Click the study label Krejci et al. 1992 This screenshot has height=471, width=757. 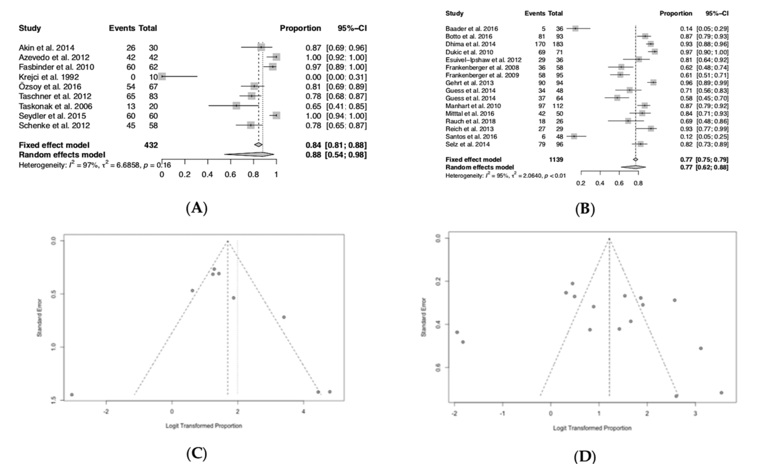click(49, 77)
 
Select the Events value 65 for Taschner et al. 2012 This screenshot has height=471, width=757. click(131, 96)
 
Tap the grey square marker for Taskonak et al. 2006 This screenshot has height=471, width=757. click(236, 106)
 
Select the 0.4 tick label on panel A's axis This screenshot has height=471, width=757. click(207, 174)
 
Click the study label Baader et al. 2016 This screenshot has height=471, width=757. click(471, 29)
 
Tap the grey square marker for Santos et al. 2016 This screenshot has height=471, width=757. click(574, 136)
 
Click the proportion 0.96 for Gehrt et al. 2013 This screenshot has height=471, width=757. click(686, 83)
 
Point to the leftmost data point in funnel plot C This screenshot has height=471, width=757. click(72, 395)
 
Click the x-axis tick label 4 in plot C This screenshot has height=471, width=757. click(304, 411)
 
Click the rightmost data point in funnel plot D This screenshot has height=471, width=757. click(721, 392)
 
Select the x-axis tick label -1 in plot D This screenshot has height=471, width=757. click(502, 414)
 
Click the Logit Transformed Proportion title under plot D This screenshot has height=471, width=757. click(592, 428)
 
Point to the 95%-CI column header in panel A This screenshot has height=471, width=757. click(352, 28)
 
